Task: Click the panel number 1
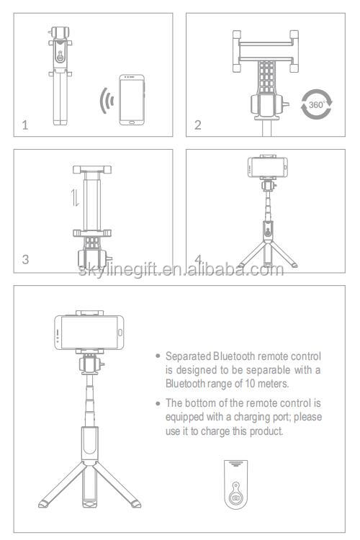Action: click(24, 125)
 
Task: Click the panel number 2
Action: click(198, 125)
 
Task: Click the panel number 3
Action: click(25, 259)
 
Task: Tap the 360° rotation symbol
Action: click(317, 104)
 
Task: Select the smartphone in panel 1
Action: click(132, 99)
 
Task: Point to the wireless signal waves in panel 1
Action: click(107, 101)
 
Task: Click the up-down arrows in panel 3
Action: click(75, 198)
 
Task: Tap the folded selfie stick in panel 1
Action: click(60, 75)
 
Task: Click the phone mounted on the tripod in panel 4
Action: click(268, 167)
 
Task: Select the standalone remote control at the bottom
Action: click(236, 484)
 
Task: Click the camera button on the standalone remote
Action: click(236, 498)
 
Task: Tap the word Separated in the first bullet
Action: click(188, 356)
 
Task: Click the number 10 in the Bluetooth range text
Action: click(250, 383)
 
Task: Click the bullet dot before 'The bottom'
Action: click(158, 403)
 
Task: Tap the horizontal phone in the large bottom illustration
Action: click(89, 333)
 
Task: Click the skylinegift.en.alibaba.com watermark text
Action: click(181, 269)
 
